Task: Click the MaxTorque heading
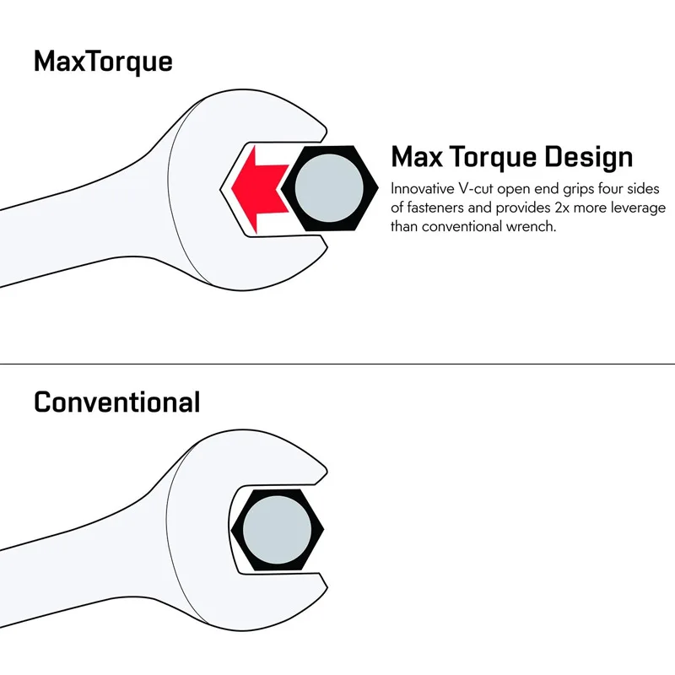103,62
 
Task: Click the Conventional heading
116,402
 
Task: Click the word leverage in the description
637,208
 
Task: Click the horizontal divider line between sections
337,364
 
